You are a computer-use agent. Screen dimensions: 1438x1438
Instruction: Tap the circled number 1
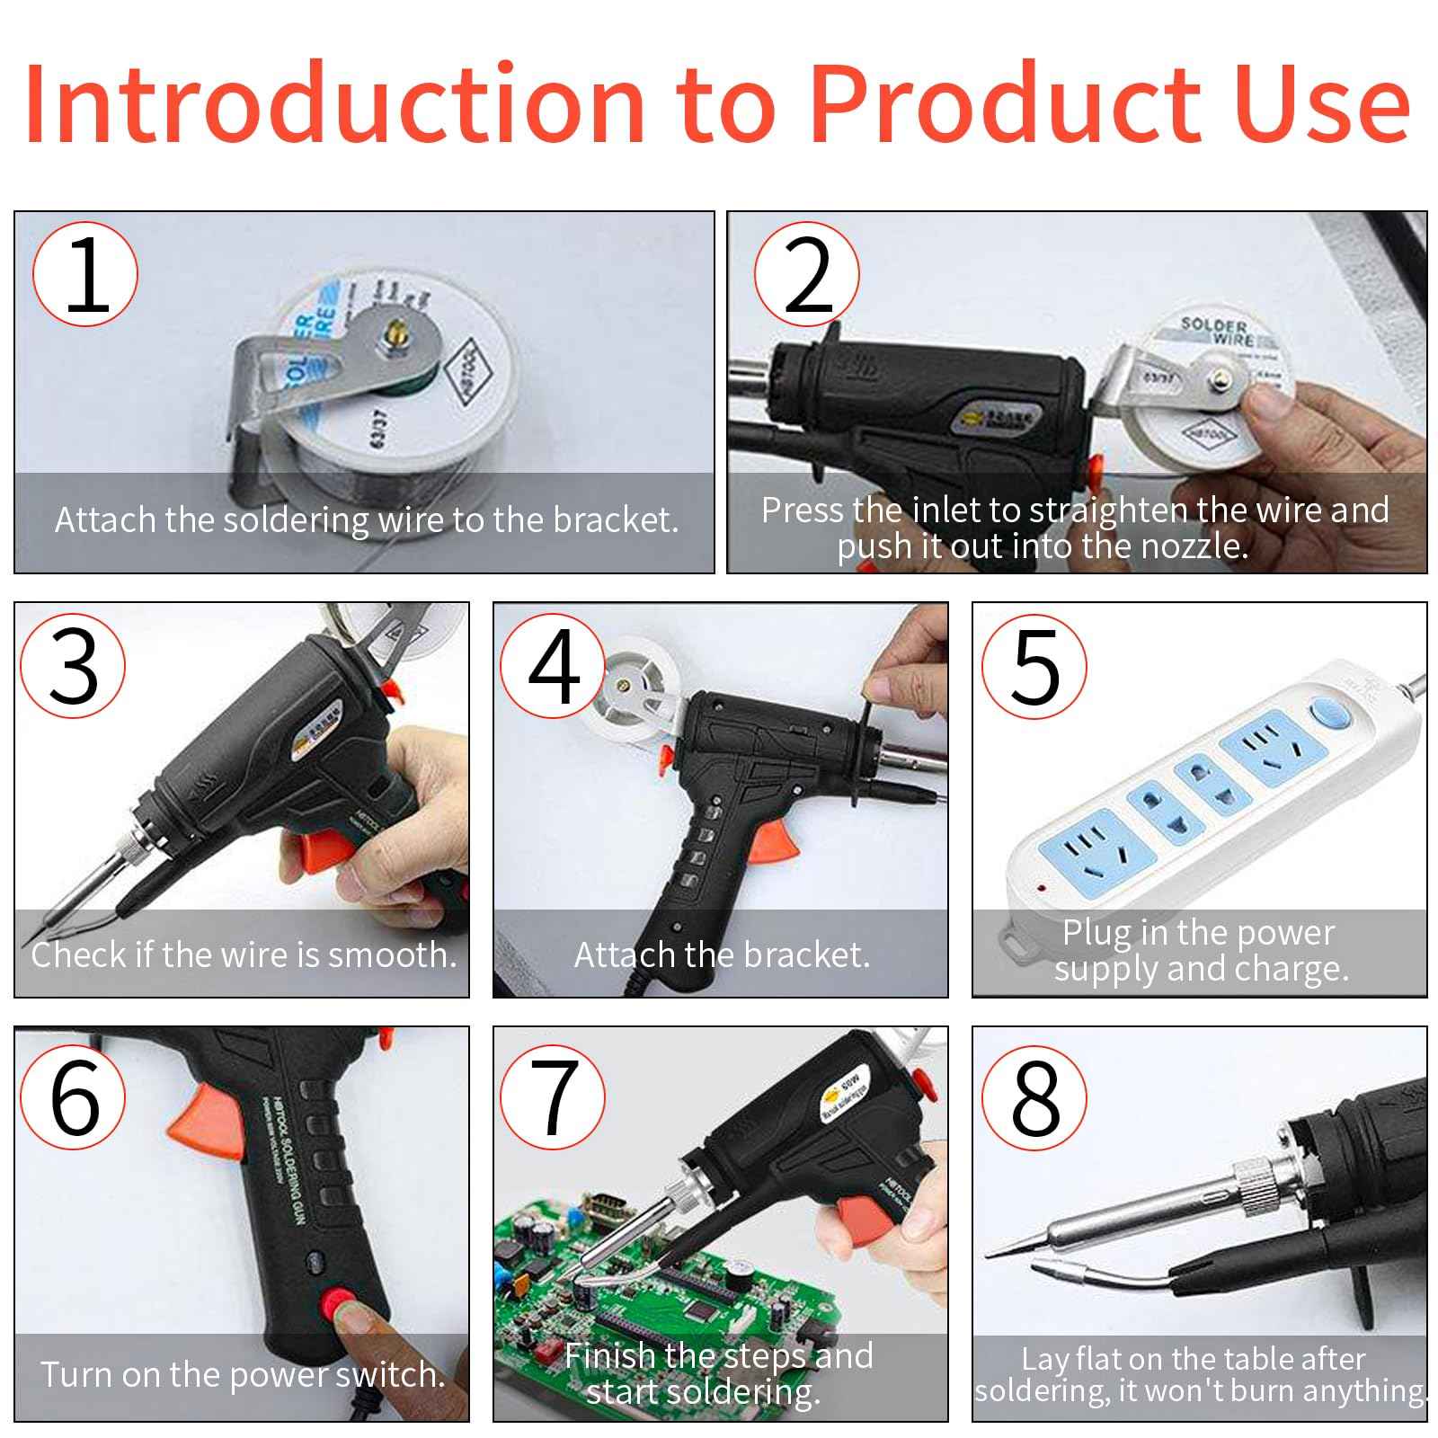85,274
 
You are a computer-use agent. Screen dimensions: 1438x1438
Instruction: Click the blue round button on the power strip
1331,715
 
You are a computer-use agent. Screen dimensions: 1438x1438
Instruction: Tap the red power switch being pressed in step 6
341,1302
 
